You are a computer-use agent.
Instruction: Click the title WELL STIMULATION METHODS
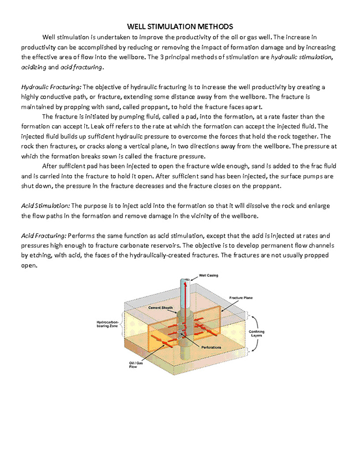pos(180,26)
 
